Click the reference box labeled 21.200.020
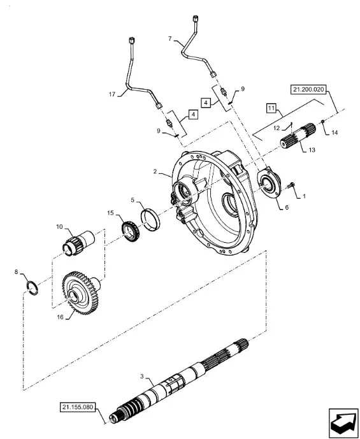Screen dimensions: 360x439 308,90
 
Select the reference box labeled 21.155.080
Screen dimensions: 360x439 78,407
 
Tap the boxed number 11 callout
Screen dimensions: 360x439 271,108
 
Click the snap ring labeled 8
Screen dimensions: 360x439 32,288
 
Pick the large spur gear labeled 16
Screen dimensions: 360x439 81,293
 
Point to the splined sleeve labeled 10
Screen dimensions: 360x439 78,243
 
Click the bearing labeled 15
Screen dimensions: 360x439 131,231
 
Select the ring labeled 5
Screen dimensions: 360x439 150,220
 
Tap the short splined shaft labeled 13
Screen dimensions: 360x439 298,136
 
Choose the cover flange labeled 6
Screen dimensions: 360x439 269,183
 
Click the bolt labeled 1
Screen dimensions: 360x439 291,185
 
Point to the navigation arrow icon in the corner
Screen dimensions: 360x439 343,422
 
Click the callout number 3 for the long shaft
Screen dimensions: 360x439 142,377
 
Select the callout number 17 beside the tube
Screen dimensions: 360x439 112,94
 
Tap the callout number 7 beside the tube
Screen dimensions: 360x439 169,38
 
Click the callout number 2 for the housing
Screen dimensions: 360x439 155,171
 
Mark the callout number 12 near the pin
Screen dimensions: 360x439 277,128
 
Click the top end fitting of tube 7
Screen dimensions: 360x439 195,19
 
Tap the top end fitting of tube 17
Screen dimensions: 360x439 131,40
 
